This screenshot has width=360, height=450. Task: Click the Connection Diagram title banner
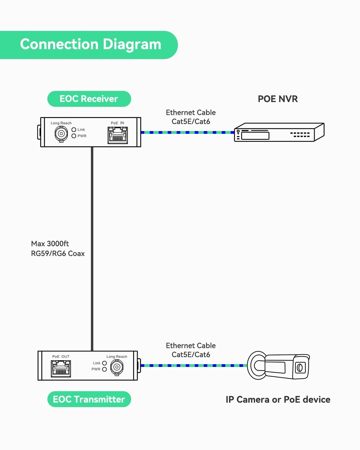pyautogui.click(x=90, y=45)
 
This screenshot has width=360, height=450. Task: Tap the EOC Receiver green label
pyautogui.click(x=89, y=99)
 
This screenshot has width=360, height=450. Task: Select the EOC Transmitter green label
pyautogui.click(x=89, y=399)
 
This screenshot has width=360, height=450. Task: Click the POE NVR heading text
pyautogui.click(x=278, y=99)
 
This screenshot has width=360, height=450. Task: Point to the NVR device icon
pyautogui.click(x=279, y=132)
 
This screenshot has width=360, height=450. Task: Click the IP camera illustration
pyautogui.click(x=278, y=366)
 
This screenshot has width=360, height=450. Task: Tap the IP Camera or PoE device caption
pyautogui.click(x=278, y=400)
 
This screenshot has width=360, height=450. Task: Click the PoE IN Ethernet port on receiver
pyautogui.click(x=118, y=135)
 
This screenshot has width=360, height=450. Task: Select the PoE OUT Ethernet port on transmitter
pyautogui.click(x=61, y=368)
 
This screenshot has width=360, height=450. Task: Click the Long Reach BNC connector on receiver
pyautogui.click(x=61, y=133)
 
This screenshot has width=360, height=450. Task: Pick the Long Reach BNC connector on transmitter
pyautogui.click(x=117, y=367)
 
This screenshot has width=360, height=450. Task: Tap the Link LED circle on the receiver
pyautogui.click(x=74, y=130)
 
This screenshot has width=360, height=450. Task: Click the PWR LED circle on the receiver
pyautogui.click(x=74, y=136)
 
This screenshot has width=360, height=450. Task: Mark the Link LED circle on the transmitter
pyautogui.click(x=104, y=363)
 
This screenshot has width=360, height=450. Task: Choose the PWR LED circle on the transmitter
pyautogui.click(x=104, y=369)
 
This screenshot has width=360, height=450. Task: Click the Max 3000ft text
pyautogui.click(x=50, y=244)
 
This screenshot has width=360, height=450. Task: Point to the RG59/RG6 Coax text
pyautogui.click(x=58, y=253)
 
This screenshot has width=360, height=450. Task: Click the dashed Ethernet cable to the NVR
pyautogui.click(x=187, y=132)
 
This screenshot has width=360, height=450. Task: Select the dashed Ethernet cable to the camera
pyautogui.click(x=193, y=365)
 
